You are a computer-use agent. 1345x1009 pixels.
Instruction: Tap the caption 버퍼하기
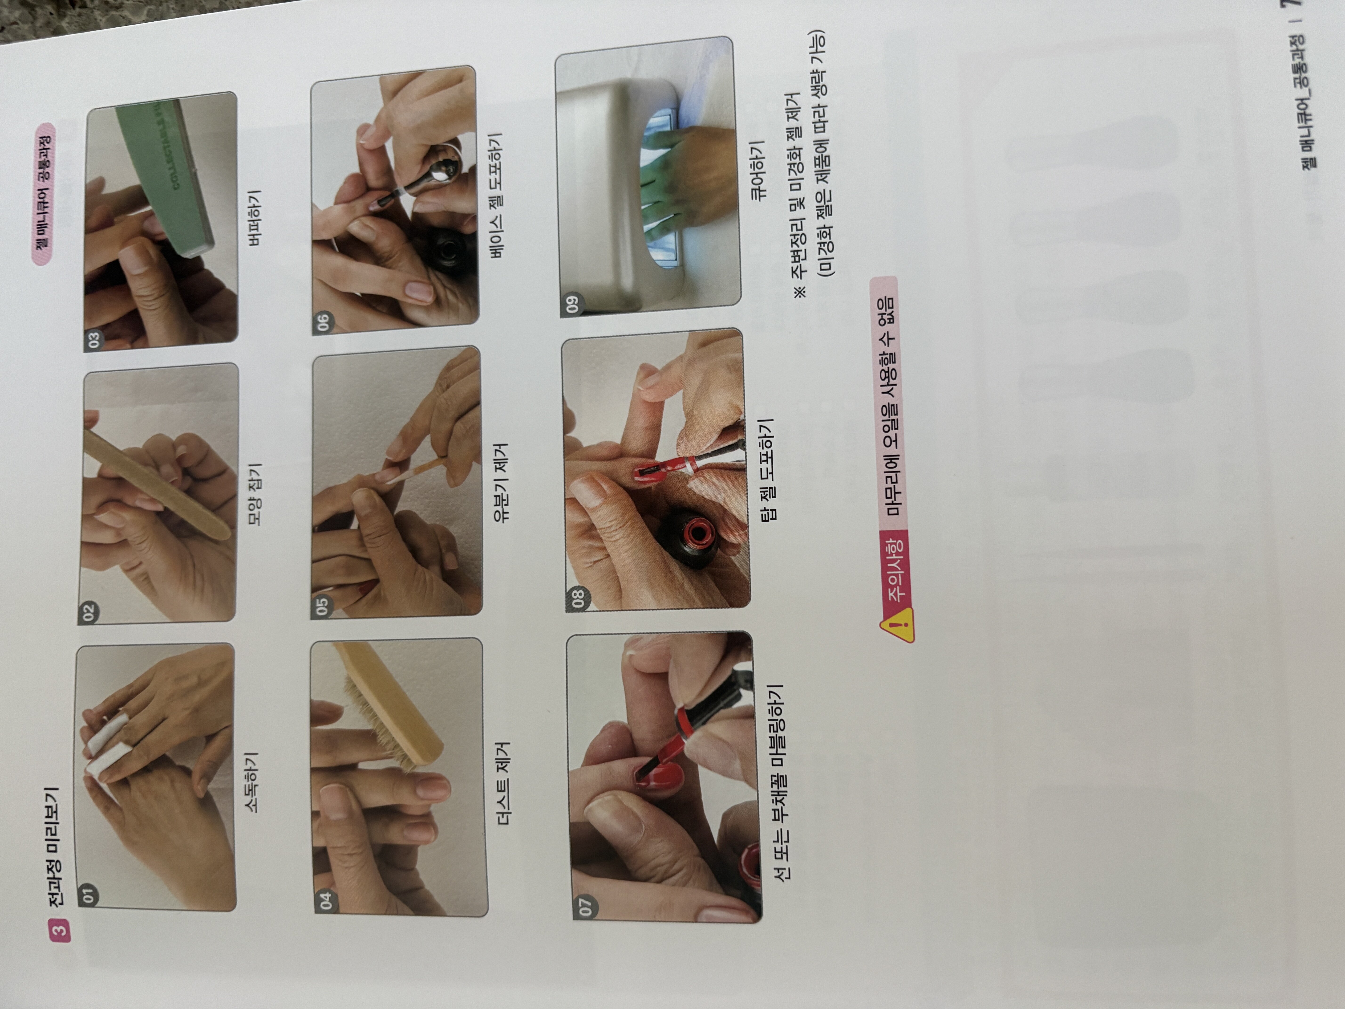254,218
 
